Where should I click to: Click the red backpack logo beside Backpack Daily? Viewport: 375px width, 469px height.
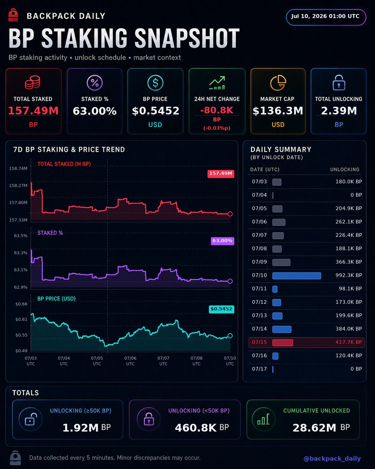tap(13, 15)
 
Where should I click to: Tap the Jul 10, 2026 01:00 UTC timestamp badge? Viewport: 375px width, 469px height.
tap(326, 17)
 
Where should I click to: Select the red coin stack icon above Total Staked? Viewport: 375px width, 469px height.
tap(32, 82)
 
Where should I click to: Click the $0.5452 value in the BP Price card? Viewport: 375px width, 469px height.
tap(155, 111)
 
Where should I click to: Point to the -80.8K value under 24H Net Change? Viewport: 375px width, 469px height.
tap(217, 110)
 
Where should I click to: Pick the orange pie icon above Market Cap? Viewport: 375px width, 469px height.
tap(278, 82)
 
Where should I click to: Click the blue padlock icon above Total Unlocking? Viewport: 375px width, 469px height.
tap(339, 82)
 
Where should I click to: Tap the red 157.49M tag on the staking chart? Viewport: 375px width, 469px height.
tap(221, 174)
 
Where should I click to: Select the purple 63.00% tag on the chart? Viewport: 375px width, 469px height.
tap(223, 241)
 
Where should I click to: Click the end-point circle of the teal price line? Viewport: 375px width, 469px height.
tap(230, 336)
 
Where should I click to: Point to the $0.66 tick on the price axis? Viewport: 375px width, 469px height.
tap(21, 304)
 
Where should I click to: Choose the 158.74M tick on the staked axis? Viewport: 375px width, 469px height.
tap(18, 168)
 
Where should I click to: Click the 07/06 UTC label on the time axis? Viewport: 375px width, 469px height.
tap(130, 361)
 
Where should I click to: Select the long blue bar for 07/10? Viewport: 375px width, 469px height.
tap(296, 276)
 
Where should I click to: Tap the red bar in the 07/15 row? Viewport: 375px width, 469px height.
tap(282, 343)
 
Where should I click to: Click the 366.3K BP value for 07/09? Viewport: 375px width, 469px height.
tap(349, 262)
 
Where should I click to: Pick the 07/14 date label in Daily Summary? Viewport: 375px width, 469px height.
tap(259, 329)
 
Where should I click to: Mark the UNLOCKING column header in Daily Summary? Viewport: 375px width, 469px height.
tap(345, 169)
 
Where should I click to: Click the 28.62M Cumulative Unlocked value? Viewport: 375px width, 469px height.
tap(314, 428)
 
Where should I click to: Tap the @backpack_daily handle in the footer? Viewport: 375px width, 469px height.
tap(332, 458)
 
